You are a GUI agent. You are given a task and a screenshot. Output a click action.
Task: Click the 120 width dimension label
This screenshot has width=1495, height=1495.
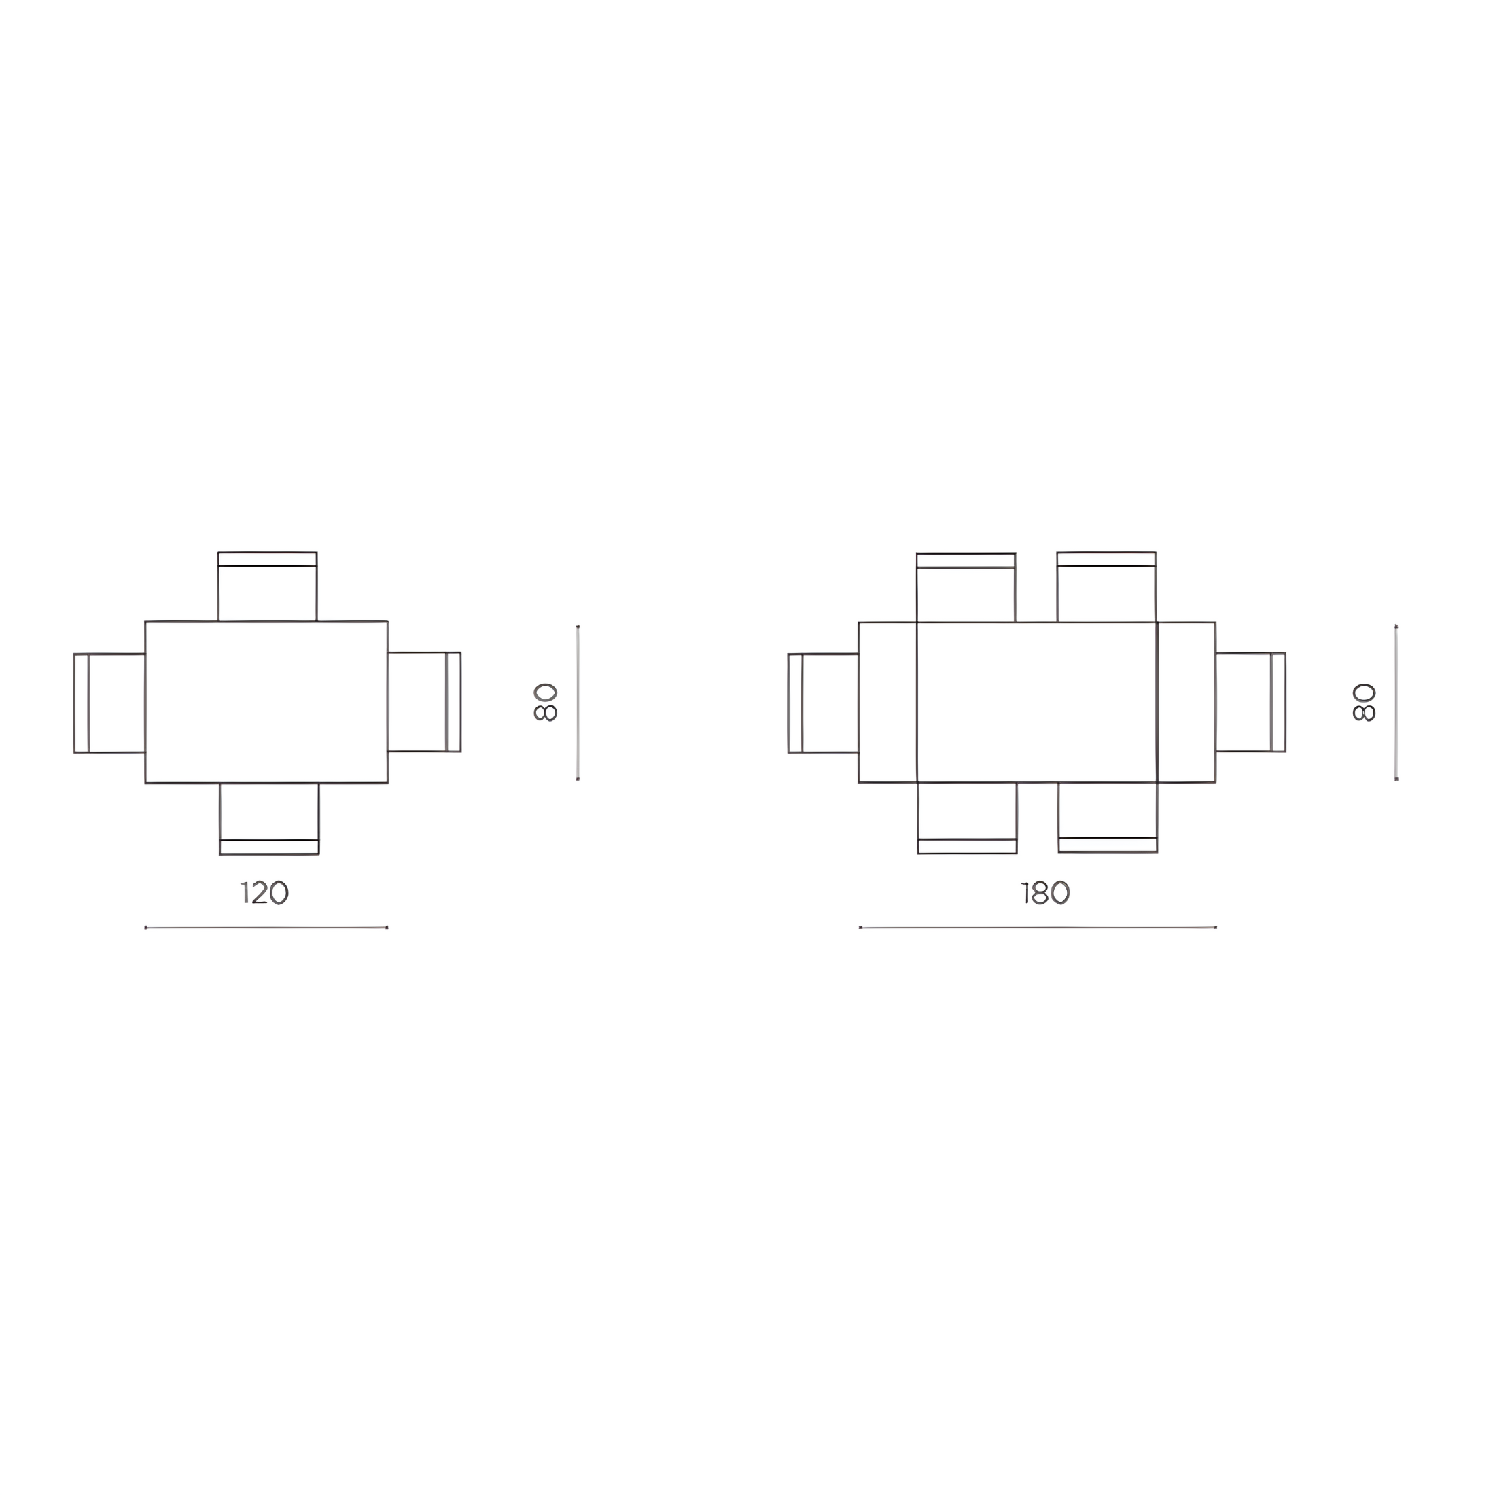[264, 892]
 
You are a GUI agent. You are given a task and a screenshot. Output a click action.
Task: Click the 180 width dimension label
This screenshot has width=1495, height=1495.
[1045, 892]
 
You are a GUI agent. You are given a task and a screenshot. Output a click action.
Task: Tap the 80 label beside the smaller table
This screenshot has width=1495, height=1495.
[546, 702]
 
